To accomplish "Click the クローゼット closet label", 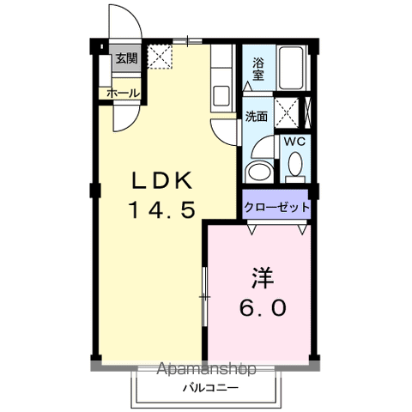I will (x=276, y=207).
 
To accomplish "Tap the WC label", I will (x=294, y=142).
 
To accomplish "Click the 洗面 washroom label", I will (x=256, y=116).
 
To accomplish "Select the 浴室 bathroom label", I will (x=258, y=69).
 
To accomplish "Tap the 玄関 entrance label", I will (x=125, y=60).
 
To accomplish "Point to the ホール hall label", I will (x=123, y=92).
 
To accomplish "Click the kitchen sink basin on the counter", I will (x=221, y=94).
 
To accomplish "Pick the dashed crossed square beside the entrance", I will (x=160, y=58).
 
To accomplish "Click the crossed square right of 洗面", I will (x=293, y=111).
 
